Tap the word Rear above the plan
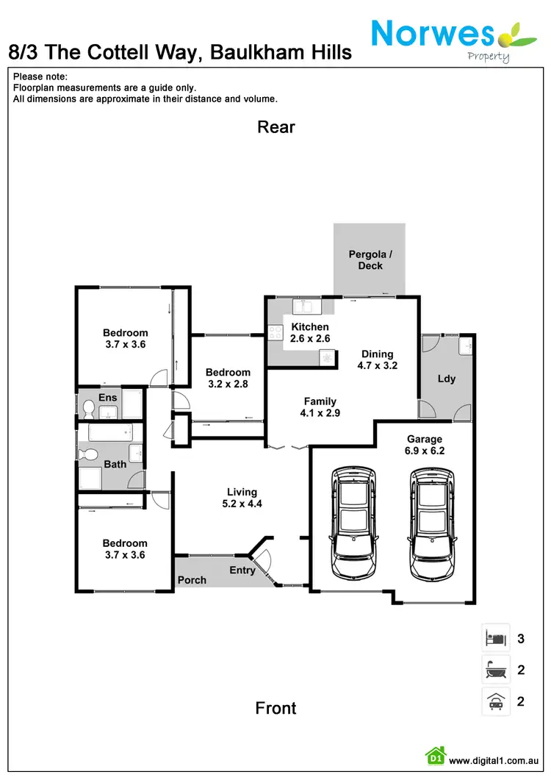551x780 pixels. click(x=276, y=127)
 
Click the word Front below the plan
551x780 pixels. click(x=276, y=708)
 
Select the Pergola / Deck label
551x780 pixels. click(x=370, y=260)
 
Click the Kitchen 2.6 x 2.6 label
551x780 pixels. click(x=310, y=332)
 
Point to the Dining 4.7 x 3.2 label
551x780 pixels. click(x=378, y=359)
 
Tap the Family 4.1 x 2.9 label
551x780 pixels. click(x=320, y=407)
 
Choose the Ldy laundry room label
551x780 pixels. click(x=447, y=379)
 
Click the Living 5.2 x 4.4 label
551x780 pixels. click(x=242, y=498)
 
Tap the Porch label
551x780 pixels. click(x=192, y=580)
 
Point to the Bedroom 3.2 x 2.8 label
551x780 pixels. click(x=228, y=378)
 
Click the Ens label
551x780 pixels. click(x=108, y=398)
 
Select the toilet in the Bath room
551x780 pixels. click(x=91, y=454)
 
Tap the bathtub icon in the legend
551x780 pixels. click(x=495, y=670)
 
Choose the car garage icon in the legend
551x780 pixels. click(x=495, y=701)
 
